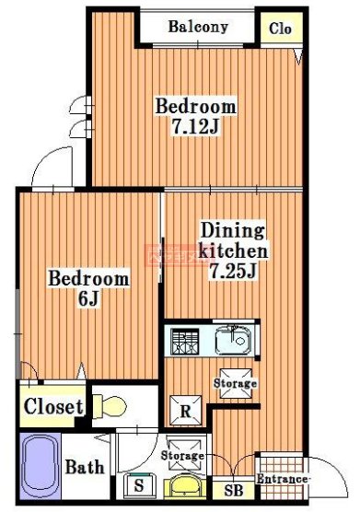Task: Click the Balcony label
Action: point(197,27)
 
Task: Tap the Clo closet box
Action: point(280,29)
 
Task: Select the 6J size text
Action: point(87,298)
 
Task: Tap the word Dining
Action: point(233,230)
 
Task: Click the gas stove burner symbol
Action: point(186,342)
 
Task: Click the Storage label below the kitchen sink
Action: point(235,382)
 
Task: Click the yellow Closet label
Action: point(53,406)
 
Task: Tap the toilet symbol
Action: point(110,406)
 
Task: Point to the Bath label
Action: point(84,468)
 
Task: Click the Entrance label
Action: point(282,480)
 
